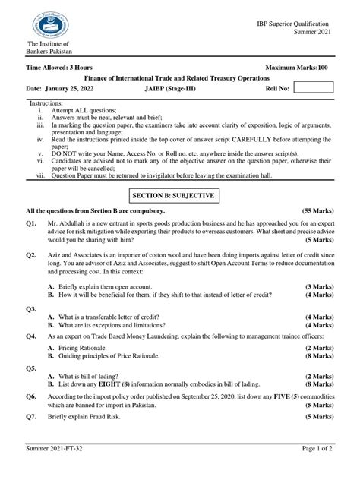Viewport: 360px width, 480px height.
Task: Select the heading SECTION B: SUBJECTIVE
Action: pyautogui.click(x=179, y=195)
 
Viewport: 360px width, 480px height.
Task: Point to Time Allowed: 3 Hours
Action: pyautogui.click(x=58, y=68)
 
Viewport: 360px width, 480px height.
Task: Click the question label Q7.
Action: pyautogui.click(x=32, y=417)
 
